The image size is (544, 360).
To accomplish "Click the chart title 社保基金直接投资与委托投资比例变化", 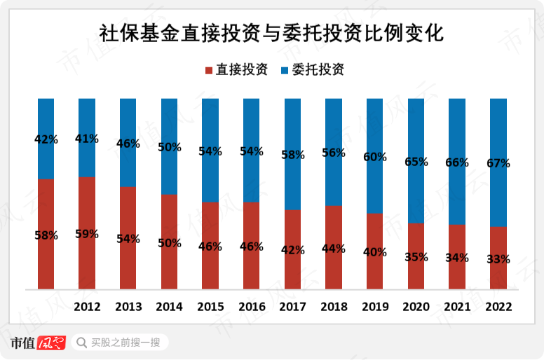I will pyautogui.click(x=271, y=33).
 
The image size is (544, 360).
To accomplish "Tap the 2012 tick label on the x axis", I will pyautogui.click(x=87, y=307).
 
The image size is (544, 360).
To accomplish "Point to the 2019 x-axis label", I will pyautogui.click(x=375, y=307).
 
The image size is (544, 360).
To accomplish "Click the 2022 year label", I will pyautogui.click(x=498, y=307).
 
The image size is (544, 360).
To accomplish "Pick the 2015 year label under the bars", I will pyautogui.click(x=210, y=307).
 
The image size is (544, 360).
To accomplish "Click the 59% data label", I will pyautogui.click(x=87, y=234).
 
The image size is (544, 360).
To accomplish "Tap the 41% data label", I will pyautogui.click(x=87, y=139).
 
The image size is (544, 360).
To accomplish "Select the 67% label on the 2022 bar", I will pyautogui.click(x=498, y=164).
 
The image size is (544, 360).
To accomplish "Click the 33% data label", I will pyautogui.click(x=498, y=259).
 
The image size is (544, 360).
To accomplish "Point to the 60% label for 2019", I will pyautogui.click(x=375, y=157).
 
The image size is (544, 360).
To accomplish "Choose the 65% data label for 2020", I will pyautogui.click(x=416, y=162).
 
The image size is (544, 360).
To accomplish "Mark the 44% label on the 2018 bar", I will pyautogui.click(x=334, y=248).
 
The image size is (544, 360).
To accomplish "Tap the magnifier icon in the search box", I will pyautogui.click(x=81, y=342).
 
